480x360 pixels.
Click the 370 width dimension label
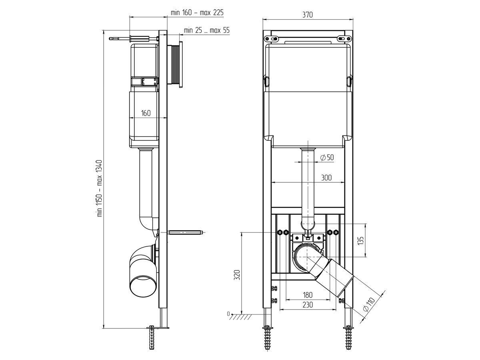[307, 15]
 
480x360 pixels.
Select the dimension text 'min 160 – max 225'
[197, 13]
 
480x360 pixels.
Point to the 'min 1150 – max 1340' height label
[100, 188]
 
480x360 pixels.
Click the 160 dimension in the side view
[146, 113]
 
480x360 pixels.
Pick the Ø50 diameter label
[327, 158]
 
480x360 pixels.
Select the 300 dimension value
[326, 178]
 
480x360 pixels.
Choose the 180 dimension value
[308, 295]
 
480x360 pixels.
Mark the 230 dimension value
[308, 305]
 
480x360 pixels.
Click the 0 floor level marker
[228, 314]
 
